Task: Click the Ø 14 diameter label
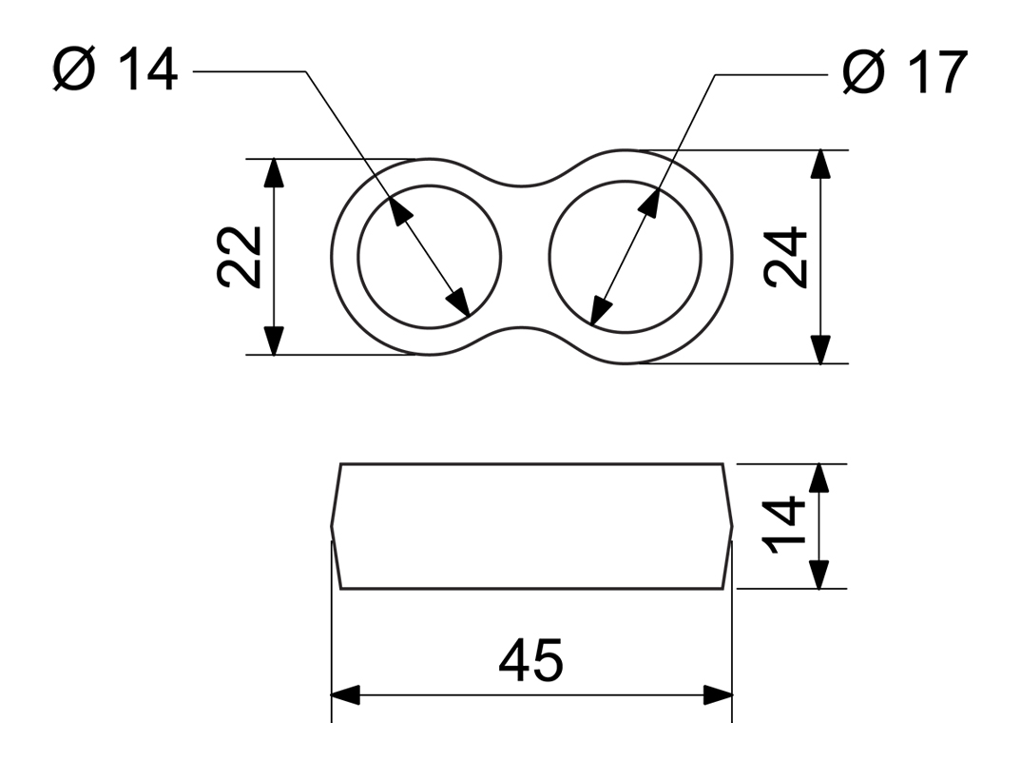tap(115, 71)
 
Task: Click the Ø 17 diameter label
tap(904, 72)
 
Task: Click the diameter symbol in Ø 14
tap(75, 71)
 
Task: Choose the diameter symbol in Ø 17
tap(864, 72)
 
